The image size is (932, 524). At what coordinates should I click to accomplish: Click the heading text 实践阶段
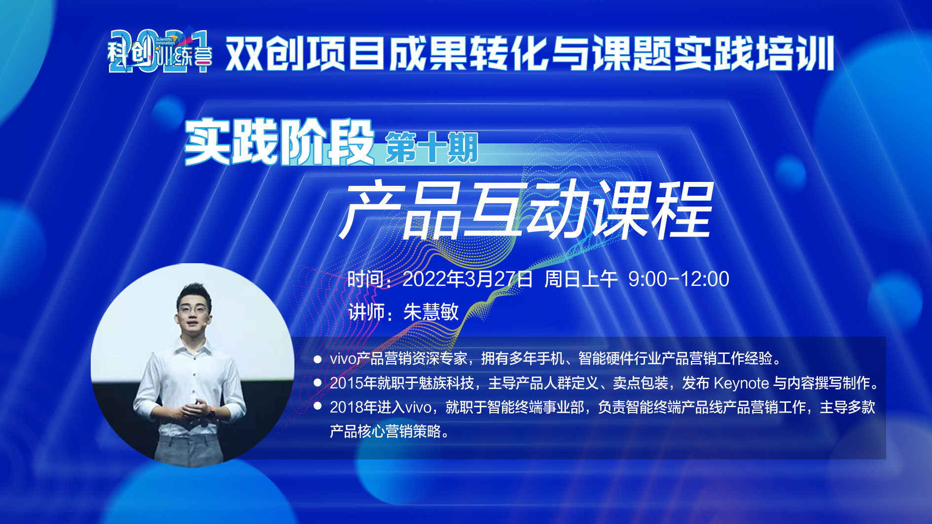279,142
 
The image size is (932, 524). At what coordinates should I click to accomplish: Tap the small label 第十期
431,147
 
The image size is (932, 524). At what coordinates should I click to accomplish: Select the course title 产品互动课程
526,210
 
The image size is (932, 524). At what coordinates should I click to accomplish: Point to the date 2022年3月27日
467,279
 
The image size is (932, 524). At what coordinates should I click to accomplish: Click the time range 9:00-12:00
679,279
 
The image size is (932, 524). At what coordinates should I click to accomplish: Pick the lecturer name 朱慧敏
431,312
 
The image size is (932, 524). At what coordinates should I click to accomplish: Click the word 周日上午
581,279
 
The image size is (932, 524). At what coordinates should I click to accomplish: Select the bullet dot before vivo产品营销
318,359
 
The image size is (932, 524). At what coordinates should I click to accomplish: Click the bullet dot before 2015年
318,383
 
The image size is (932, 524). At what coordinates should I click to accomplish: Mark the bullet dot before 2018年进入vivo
318,406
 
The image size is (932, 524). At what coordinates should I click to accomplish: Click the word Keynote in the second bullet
741,383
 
